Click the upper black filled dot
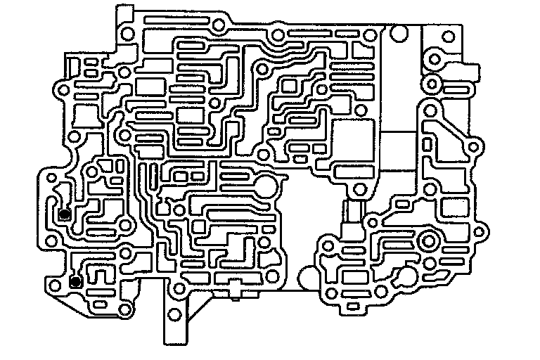64,214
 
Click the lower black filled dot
75,282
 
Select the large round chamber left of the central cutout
266,188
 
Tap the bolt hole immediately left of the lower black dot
53,284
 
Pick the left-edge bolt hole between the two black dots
50,242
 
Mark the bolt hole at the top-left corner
127,33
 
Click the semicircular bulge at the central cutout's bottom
308,278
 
